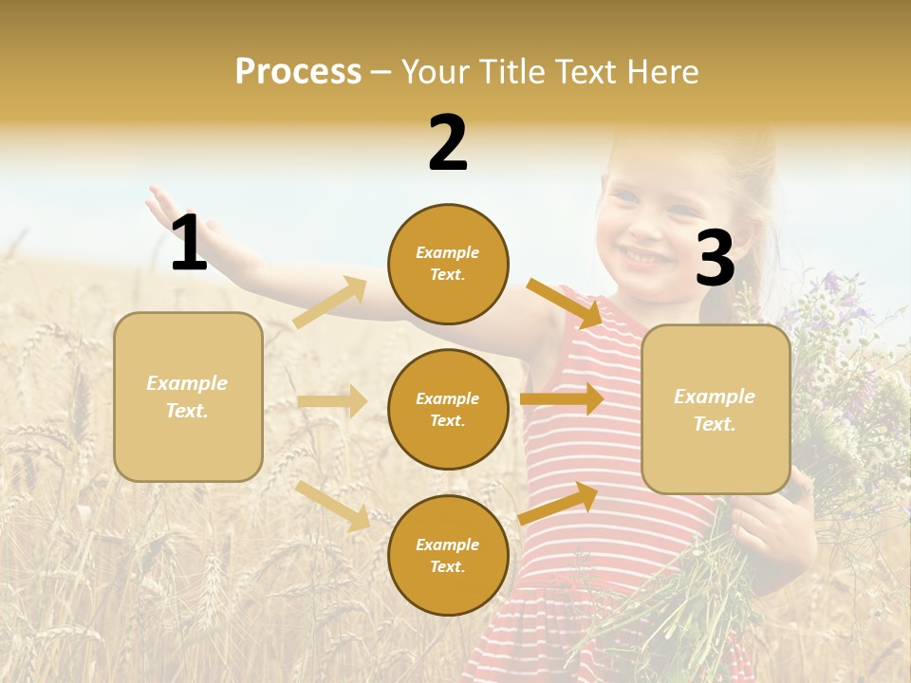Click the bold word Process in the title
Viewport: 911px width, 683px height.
point(298,72)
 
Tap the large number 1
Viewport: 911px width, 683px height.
point(189,243)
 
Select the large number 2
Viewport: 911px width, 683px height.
point(448,143)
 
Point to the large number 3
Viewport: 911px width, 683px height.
point(715,258)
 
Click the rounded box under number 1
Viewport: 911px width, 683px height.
point(188,397)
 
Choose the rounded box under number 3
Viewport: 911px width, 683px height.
point(716,409)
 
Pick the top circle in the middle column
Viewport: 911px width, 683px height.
point(448,264)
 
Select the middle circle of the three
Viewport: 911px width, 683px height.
point(448,409)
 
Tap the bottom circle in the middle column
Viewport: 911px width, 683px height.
point(448,555)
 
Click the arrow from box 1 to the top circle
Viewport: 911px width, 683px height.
point(329,303)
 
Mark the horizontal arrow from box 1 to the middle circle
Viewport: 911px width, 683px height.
point(332,401)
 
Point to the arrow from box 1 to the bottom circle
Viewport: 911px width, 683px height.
point(332,505)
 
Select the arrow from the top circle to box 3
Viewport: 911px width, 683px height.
point(565,303)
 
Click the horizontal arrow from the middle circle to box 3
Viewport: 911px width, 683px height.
point(562,398)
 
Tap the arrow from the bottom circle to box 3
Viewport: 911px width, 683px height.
point(558,503)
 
